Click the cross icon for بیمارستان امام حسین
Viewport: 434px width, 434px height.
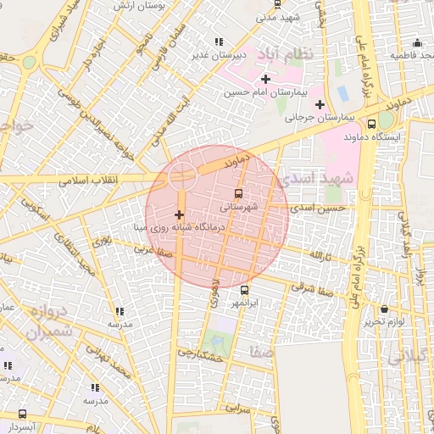click(x=265, y=79)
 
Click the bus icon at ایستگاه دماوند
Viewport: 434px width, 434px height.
click(x=372, y=122)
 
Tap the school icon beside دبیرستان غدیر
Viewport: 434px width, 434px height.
click(x=219, y=42)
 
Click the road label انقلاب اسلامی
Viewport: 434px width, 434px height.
click(x=88, y=179)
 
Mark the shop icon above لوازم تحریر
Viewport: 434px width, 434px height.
click(x=387, y=309)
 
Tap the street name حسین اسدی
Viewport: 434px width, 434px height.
click(x=318, y=207)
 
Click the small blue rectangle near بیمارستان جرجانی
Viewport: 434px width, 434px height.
click(x=342, y=92)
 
